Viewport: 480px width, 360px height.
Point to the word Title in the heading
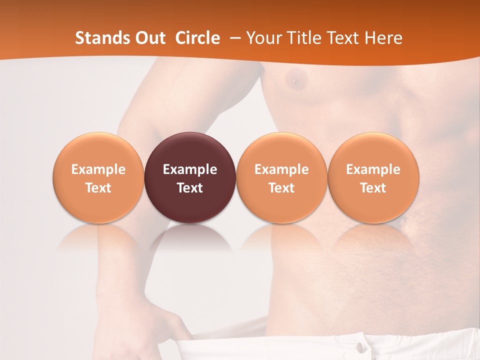click(x=306, y=38)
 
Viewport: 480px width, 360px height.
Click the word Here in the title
click(x=381, y=38)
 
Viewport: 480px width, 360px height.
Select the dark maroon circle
click(x=190, y=177)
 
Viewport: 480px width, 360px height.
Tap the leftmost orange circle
click(x=98, y=177)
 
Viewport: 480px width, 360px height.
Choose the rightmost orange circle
click(x=373, y=177)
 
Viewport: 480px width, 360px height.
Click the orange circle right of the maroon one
click(x=281, y=177)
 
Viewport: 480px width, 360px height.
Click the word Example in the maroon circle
click(x=190, y=169)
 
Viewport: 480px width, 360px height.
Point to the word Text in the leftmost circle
click(x=98, y=188)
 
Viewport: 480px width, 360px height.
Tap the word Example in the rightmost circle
click(x=373, y=169)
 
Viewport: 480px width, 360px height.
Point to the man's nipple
click(x=295, y=78)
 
